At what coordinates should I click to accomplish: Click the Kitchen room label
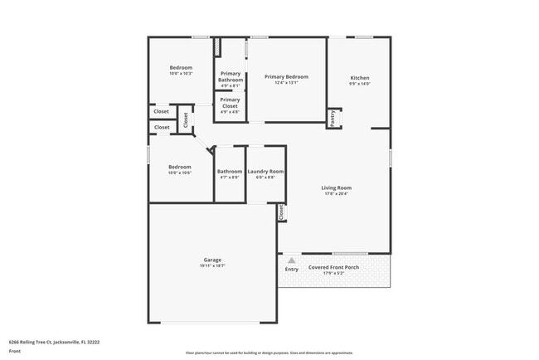359,77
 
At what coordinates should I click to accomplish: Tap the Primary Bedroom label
280,77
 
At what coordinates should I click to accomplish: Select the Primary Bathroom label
230,76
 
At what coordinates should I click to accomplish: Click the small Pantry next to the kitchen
334,119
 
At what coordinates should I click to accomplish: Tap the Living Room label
337,188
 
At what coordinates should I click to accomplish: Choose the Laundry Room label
265,172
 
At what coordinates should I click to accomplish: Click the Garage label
212,260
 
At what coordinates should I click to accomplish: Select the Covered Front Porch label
334,268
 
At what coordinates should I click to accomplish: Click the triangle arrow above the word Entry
291,260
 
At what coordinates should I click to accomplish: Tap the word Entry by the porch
291,270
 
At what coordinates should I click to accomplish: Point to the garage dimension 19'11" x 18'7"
212,266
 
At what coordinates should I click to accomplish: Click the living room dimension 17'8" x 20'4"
337,195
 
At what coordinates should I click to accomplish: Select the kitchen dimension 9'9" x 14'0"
359,84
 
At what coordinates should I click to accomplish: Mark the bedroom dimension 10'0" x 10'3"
181,74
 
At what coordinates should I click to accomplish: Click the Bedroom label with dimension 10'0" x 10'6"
180,167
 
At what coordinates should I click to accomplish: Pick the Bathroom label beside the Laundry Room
230,172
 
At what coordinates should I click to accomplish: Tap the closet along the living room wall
281,212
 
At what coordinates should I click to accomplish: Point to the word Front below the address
15,352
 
